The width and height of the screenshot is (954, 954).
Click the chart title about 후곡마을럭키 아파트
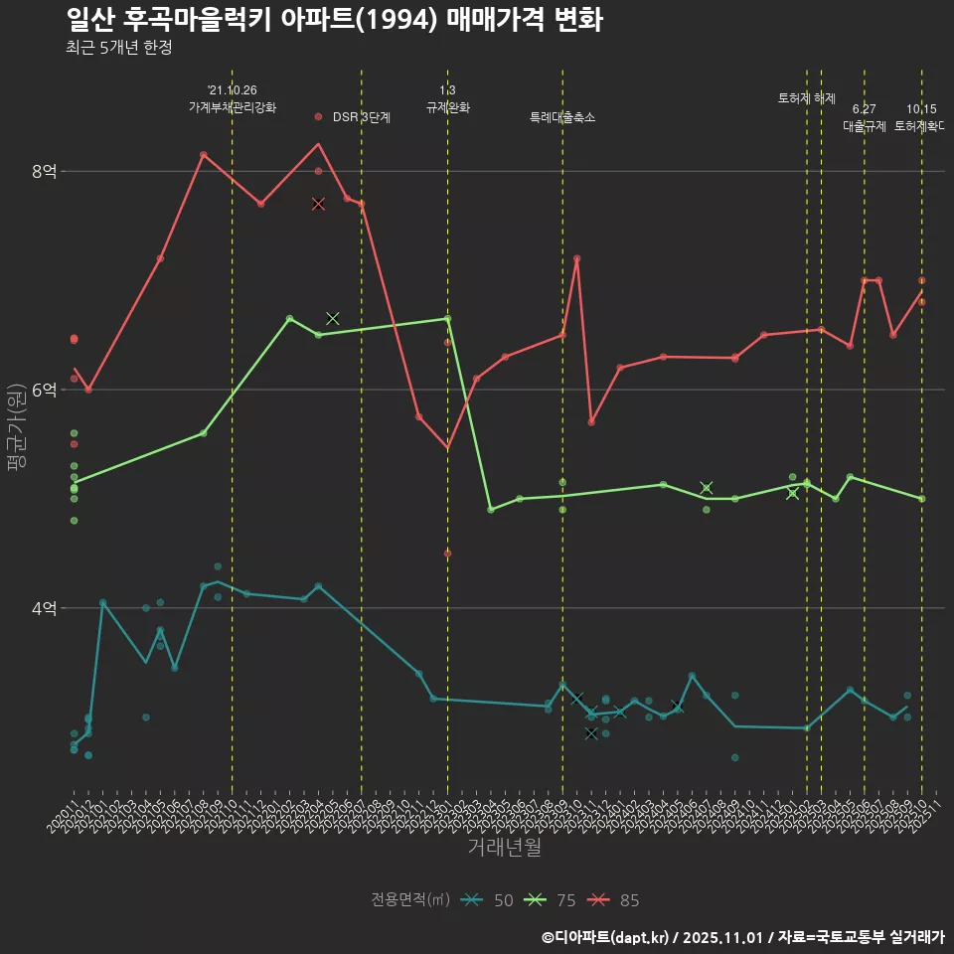point(334,19)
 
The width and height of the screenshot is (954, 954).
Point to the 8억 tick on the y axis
point(44,171)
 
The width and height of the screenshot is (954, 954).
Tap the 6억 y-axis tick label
point(44,390)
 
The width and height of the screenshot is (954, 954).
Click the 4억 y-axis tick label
point(44,608)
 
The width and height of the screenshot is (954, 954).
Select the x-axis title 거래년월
point(504,847)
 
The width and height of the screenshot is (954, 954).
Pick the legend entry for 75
point(552,900)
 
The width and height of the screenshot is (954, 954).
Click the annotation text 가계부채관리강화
point(233,107)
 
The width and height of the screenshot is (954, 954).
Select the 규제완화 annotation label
point(447,107)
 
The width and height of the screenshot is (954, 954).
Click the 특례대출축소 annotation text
point(562,117)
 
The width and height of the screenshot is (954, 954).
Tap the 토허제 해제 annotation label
point(806,98)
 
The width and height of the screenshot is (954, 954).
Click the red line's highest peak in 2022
point(318,144)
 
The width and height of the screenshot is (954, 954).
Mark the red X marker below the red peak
point(318,204)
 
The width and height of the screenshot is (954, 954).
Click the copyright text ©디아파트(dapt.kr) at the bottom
point(608,936)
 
